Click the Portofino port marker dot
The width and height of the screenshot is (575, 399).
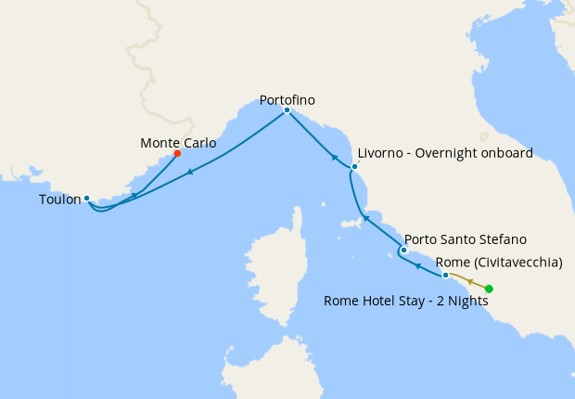tap(287, 110)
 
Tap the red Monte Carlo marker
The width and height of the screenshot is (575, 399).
tap(177, 154)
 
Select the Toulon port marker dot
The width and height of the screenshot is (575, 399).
tap(86, 198)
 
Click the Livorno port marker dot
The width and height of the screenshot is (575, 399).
tap(353, 167)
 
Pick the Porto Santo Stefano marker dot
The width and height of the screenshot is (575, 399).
tap(403, 250)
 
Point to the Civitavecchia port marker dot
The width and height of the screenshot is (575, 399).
tap(446, 276)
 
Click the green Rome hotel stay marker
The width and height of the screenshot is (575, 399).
tap(489, 289)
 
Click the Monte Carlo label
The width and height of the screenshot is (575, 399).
tap(178, 143)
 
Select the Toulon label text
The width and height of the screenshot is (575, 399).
tap(59, 199)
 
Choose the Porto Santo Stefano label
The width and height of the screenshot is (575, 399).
tap(466, 239)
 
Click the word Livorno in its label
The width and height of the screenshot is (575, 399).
tap(379, 153)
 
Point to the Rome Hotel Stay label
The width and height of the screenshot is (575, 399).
tap(406, 300)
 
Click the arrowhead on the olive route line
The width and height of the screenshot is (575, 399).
tap(469, 281)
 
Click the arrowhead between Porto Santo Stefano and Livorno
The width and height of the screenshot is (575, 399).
tap(366, 219)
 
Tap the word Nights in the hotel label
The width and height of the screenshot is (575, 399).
tap(465, 300)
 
